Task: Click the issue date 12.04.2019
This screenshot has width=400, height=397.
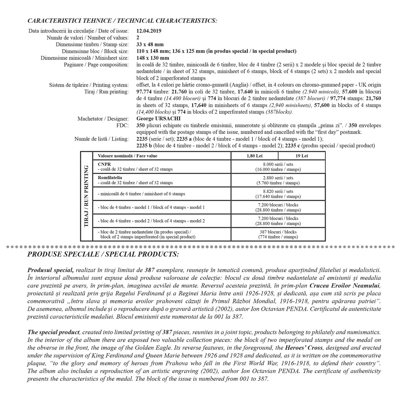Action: [149, 31]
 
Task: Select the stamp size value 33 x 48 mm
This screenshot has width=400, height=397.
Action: [150, 44]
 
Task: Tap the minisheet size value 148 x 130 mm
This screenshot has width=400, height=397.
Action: [153, 58]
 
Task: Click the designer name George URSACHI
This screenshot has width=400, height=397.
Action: [158, 119]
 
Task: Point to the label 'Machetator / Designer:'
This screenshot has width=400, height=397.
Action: [103, 119]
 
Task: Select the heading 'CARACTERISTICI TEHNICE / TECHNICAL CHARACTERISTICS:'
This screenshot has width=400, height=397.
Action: [122, 21]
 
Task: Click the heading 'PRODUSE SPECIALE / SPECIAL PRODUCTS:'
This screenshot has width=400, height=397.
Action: [103, 254]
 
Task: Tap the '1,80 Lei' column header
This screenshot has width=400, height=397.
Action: [254, 156]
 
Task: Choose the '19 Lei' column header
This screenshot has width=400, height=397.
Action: [302, 156]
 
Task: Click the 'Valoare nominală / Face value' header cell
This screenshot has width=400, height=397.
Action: [127, 156]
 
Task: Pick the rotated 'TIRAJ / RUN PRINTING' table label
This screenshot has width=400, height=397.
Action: [87, 196]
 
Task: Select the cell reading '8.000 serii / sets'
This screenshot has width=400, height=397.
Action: [278, 164]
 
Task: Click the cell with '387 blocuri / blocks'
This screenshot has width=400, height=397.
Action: [278, 232]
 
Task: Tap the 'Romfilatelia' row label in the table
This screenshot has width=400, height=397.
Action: [110, 178]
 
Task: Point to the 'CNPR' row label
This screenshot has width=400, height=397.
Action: [104, 164]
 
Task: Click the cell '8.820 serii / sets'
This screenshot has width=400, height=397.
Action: [278, 191]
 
